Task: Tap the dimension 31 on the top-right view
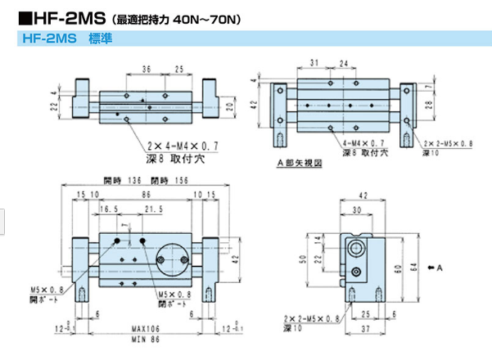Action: pyautogui.click(x=314, y=63)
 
